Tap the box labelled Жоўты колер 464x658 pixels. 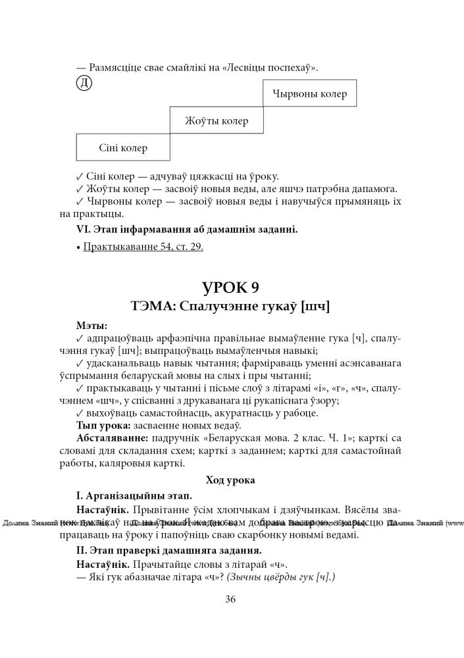tap(217, 121)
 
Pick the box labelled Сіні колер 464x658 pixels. tap(123, 147)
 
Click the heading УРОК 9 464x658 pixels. tap(231, 288)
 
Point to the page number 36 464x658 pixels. tap(230, 599)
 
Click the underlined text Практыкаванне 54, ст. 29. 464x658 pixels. tap(143, 247)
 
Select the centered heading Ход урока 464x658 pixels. tap(231, 480)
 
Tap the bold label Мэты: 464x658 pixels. tap(92, 324)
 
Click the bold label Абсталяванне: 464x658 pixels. tap(112, 438)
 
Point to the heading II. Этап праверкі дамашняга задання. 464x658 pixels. tap(169, 550)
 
